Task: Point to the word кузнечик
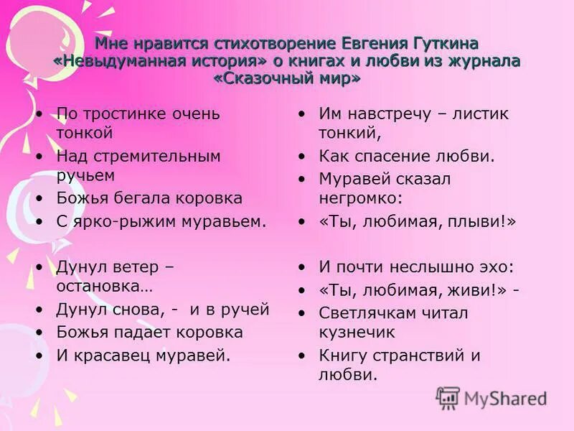pyautogui.click(x=357, y=332)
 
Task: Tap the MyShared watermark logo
pyautogui.click(x=492, y=398)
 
